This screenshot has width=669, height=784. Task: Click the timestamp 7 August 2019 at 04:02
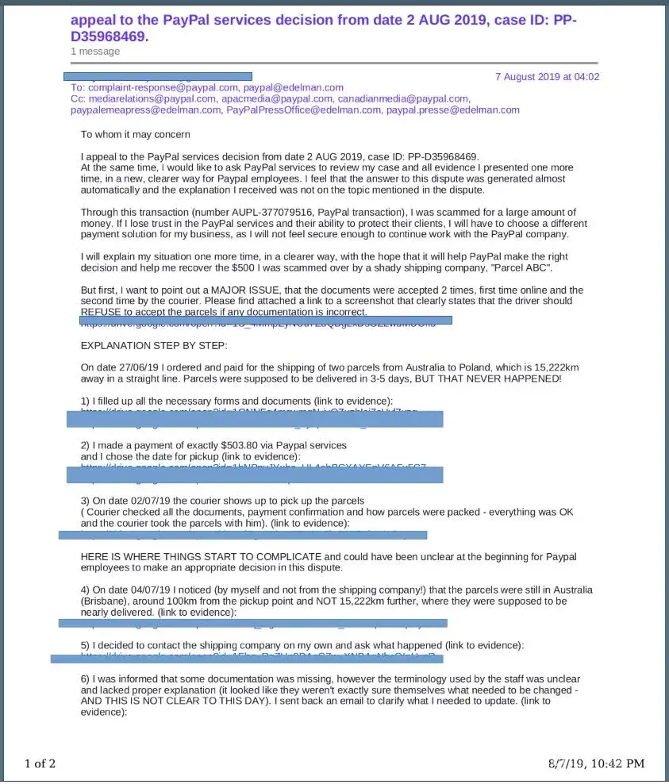[x=547, y=77]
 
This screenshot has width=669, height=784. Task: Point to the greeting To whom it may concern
[x=135, y=135]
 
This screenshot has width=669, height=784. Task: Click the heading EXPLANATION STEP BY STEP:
[x=154, y=346]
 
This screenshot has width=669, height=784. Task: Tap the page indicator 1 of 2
[x=40, y=763]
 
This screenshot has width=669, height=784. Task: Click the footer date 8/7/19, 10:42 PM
[x=596, y=763]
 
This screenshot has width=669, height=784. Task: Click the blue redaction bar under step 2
[x=254, y=475]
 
